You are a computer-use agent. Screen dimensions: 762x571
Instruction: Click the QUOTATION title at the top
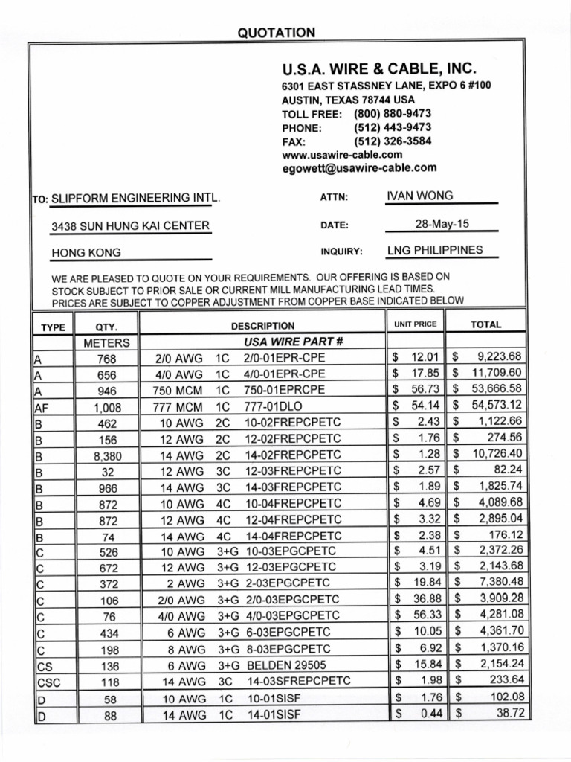(276, 32)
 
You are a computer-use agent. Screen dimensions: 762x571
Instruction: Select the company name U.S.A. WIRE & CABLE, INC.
(378, 69)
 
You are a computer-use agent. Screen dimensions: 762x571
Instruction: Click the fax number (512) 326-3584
(393, 141)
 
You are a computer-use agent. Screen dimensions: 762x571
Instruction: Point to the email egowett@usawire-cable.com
(359, 169)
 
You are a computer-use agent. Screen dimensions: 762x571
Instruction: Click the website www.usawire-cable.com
(343, 155)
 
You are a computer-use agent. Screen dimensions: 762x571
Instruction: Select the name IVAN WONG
(420, 196)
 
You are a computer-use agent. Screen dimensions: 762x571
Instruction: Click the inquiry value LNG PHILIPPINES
(435, 250)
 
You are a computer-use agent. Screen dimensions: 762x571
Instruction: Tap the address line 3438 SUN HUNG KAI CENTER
(130, 226)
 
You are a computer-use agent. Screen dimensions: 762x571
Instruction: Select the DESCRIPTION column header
(262, 326)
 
